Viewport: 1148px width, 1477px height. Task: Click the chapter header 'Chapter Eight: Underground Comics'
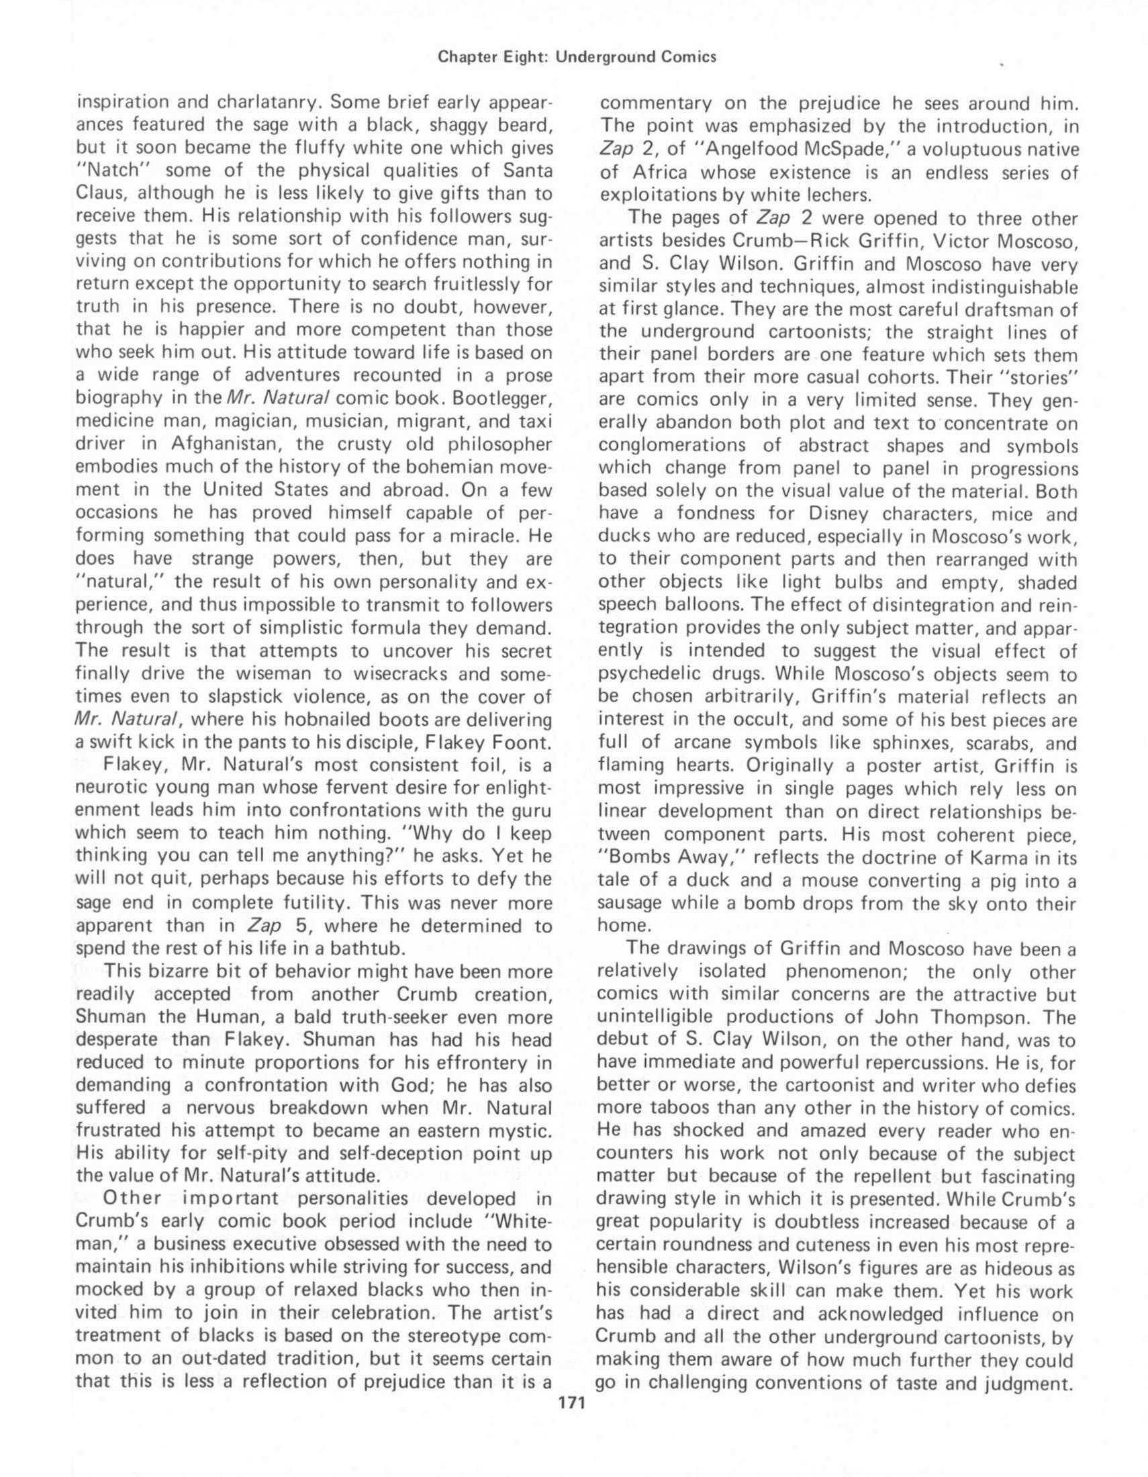pos(577,58)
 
